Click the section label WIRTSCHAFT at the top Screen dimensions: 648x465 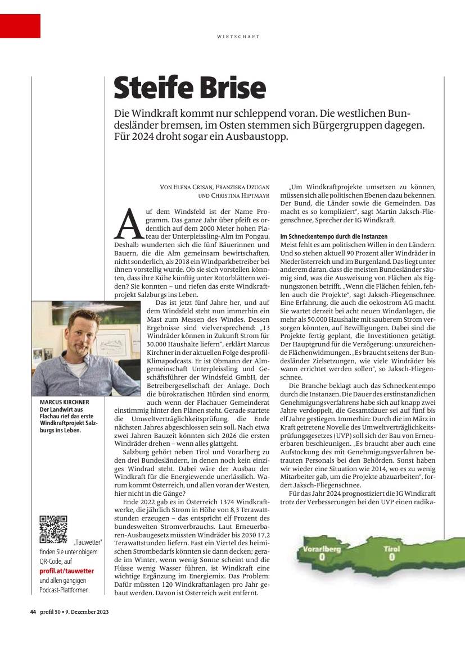238,36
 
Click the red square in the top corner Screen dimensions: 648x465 20,26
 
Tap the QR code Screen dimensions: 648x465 53,529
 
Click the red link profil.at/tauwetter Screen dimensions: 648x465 66,571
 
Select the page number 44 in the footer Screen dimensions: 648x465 33,612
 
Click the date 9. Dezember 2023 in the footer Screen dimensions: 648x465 85,612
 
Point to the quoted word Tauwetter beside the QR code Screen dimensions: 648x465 84,543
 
